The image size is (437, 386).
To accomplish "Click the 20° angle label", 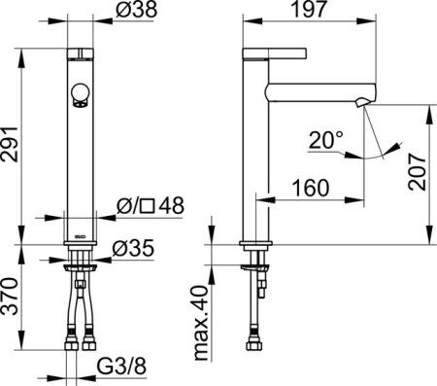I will [326, 141].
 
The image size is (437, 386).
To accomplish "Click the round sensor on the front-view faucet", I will [81, 96].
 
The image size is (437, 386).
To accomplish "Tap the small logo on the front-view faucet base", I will [79, 232].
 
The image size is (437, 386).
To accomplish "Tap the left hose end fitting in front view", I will [73, 341].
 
